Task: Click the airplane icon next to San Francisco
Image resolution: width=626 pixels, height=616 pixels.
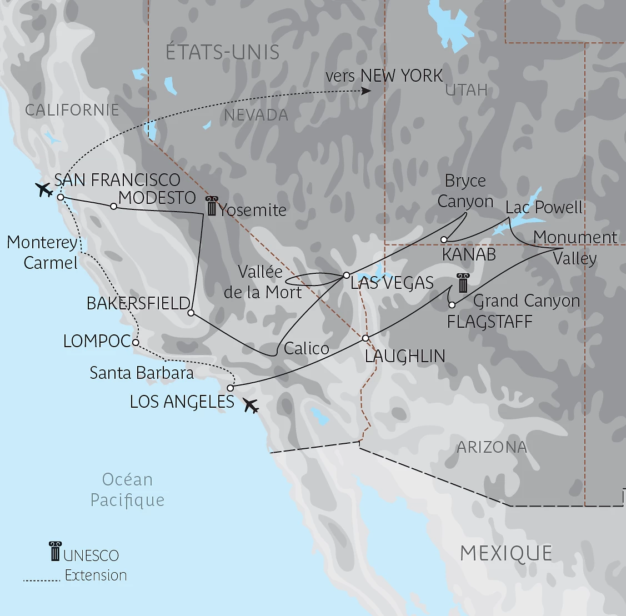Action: coord(43,189)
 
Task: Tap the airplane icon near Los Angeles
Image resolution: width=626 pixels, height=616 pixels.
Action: coord(251,406)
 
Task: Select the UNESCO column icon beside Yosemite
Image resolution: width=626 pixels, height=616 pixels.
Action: coord(211,206)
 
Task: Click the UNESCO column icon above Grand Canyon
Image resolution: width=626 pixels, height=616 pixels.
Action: coord(462,283)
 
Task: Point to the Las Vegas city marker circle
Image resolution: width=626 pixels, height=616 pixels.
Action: coord(346,275)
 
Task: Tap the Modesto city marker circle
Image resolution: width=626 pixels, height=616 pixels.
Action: coord(113,206)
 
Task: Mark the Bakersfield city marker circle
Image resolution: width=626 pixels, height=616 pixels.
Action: coord(191,313)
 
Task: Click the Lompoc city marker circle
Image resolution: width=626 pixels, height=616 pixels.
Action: coord(136,343)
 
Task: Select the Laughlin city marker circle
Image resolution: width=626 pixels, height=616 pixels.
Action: coord(365,338)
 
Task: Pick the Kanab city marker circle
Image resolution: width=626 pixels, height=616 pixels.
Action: coord(444,240)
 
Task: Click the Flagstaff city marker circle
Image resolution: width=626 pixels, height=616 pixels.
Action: coord(452,305)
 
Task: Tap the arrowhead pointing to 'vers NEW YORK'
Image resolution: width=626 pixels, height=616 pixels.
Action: coord(366,91)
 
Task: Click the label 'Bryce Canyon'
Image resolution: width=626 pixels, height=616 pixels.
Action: coord(465,191)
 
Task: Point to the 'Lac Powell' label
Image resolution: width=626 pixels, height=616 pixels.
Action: coord(544,208)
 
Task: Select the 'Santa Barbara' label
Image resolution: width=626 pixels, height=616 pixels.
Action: coord(142,373)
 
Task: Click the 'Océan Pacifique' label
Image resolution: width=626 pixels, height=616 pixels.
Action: coord(127,490)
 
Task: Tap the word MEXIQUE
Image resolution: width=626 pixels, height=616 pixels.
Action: coord(506,553)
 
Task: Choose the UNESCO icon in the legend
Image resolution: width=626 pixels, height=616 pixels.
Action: coord(54,551)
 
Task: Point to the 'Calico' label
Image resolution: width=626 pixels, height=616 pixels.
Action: coord(306,348)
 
